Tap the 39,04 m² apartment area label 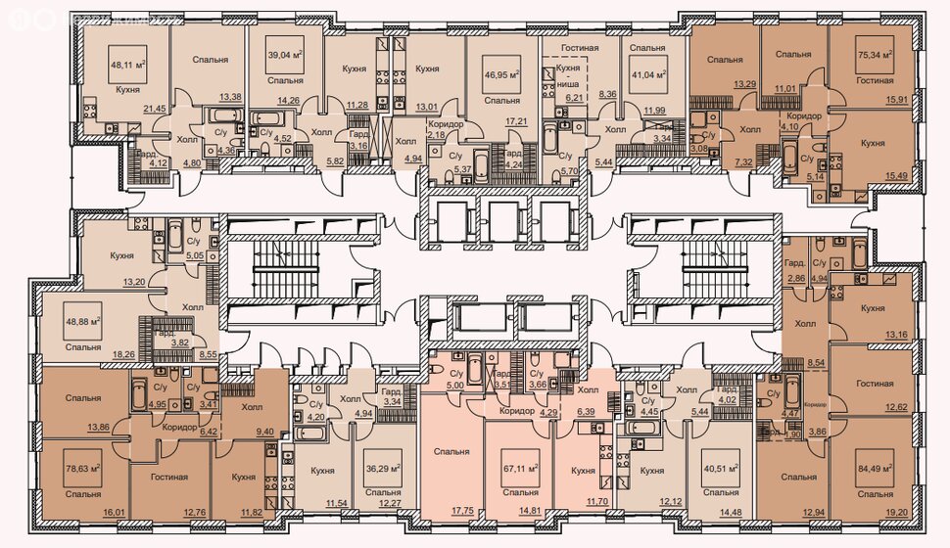tap(285, 56)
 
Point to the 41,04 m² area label tap(647, 74)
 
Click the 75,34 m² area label tap(875, 56)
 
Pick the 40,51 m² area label tap(721, 467)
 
